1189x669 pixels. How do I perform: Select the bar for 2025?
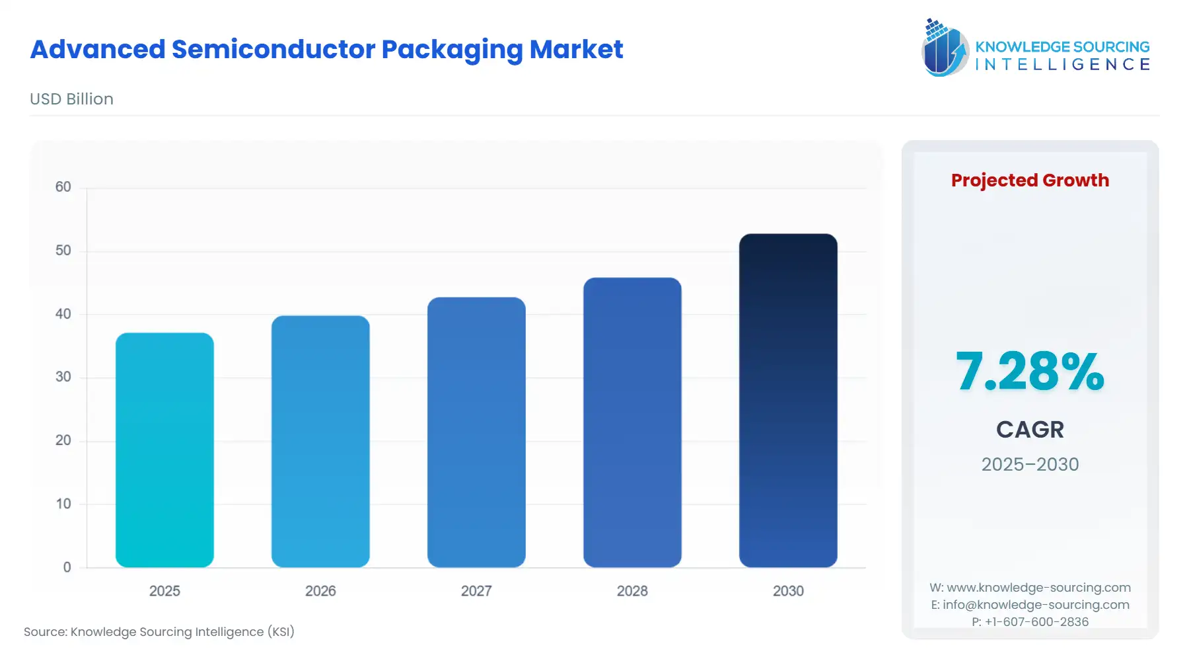pyautogui.click(x=164, y=450)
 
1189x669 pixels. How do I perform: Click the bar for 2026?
pyautogui.click(x=320, y=441)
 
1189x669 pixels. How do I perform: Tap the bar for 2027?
pyautogui.click(x=476, y=432)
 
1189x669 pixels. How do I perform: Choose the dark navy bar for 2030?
pyautogui.click(x=788, y=400)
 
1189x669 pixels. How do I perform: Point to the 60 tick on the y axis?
pyautogui.click(x=63, y=187)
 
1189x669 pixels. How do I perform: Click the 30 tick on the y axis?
pyautogui.click(x=63, y=377)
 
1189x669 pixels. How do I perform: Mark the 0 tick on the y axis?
pyautogui.click(x=67, y=567)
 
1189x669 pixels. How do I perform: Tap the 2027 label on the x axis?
pyautogui.click(x=476, y=591)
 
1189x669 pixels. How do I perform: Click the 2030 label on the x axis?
pyautogui.click(x=788, y=591)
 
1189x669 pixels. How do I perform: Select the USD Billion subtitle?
pyautogui.click(x=71, y=99)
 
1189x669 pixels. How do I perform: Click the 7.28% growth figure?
pyautogui.click(x=1030, y=371)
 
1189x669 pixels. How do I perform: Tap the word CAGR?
pyautogui.click(x=1030, y=430)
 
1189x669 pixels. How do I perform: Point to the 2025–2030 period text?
pyautogui.click(x=1030, y=464)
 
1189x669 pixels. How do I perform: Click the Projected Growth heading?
pyautogui.click(x=1030, y=180)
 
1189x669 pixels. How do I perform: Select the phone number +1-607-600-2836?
pyautogui.click(x=1036, y=621)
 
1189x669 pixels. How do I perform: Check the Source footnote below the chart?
pyautogui.click(x=159, y=631)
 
